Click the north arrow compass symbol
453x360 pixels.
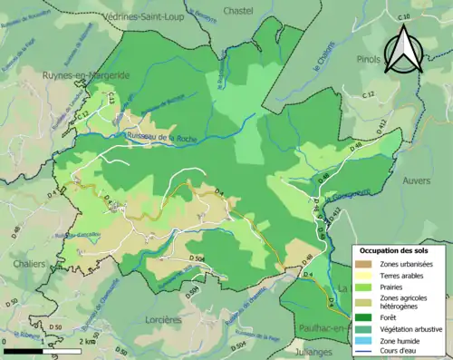(x=402, y=49)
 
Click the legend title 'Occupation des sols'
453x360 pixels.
(x=396, y=250)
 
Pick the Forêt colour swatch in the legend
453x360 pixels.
(x=367, y=317)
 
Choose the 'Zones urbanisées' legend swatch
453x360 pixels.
(x=367, y=264)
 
